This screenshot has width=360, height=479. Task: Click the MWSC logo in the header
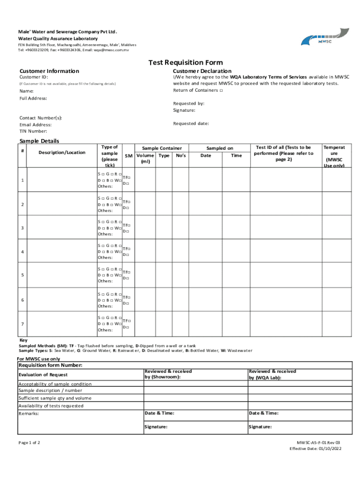pos(324,37)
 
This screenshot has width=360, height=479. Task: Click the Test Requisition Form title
pos(186,63)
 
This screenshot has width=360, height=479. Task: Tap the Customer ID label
pos(34,77)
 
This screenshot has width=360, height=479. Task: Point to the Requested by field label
pos(188,103)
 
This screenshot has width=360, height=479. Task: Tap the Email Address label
pos(36,125)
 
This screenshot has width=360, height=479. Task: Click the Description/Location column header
pos(62,152)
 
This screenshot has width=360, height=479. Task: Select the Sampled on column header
pos(220,148)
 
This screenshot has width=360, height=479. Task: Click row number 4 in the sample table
pos(22,252)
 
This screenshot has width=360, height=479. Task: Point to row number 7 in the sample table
pos(22,324)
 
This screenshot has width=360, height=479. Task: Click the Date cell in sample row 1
pos(206,181)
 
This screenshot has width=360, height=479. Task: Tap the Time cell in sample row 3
pos(237,228)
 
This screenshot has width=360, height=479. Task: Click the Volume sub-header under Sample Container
pos(145,156)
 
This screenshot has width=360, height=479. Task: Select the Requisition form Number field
pos(51,365)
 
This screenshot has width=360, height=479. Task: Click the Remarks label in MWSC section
pos(29,414)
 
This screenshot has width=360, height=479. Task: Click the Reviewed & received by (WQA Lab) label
pos(272,374)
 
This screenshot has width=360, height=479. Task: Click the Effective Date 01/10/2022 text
pos(316,449)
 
